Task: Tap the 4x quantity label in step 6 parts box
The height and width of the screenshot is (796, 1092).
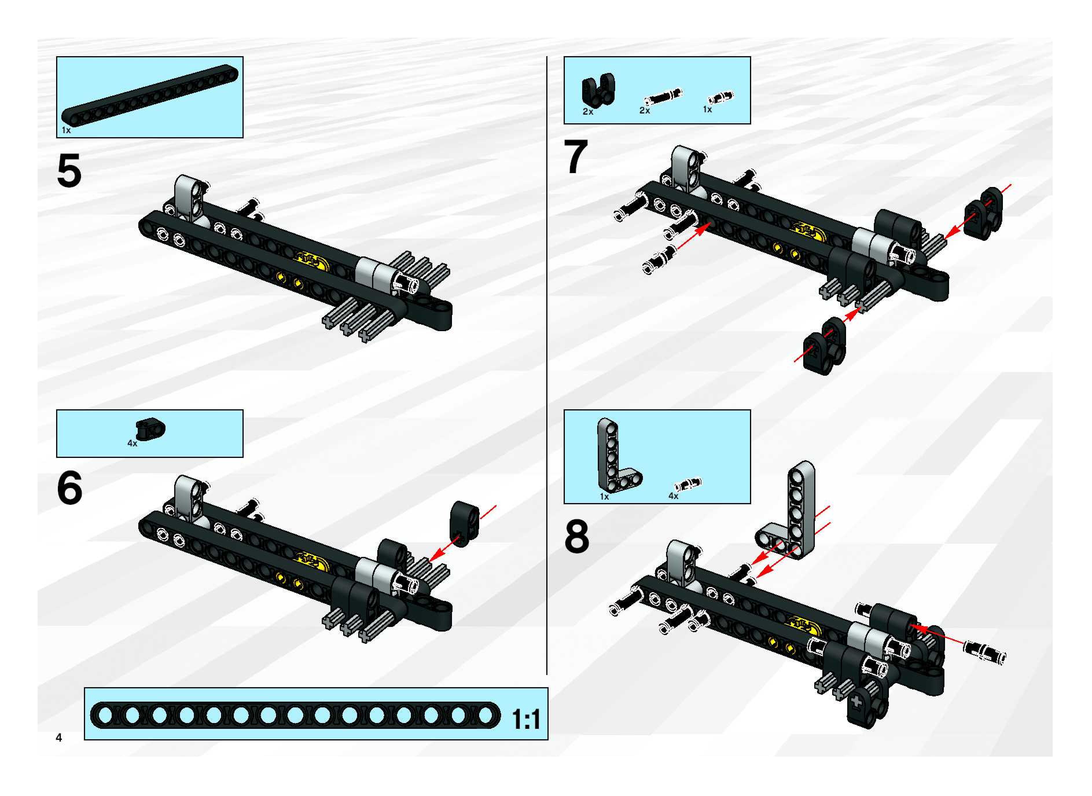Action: pos(132,443)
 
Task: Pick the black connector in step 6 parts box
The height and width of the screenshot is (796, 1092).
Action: pos(150,428)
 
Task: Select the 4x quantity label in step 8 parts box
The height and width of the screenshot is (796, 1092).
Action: pos(673,496)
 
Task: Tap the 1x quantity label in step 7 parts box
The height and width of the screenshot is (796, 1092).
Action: pos(707,109)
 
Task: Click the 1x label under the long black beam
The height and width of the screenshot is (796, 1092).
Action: pos(66,130)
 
